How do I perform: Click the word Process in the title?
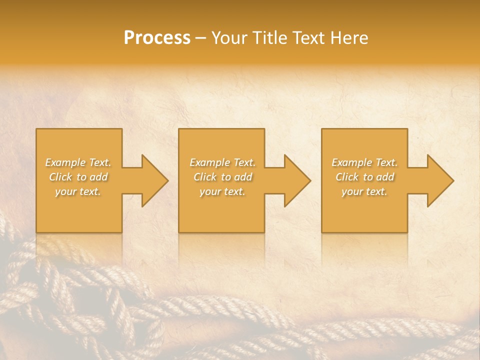coord(157,38)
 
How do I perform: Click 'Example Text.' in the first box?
coord(78,162)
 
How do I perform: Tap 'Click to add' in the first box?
coord(78,177)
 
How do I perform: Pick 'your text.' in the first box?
coord(78,191)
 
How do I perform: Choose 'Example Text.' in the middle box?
coord(222,162)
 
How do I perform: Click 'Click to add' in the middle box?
coord(222,177)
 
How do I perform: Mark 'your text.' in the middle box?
coord(222,191)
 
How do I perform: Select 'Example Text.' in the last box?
coord(364,162)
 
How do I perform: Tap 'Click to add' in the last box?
coord(364,177)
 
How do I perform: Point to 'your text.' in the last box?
coord(364,191)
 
